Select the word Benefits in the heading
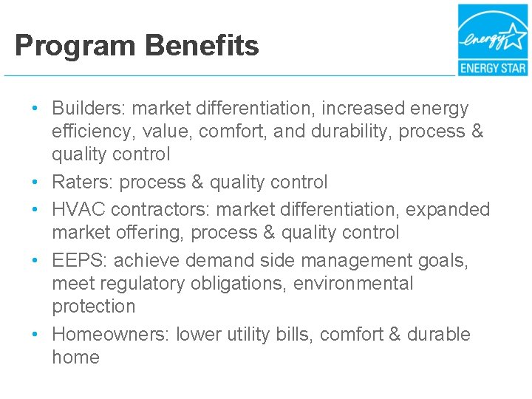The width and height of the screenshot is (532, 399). [x=202, y=46]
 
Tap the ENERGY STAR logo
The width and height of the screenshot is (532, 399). [x=492, y=40]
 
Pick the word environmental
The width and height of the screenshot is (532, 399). [x=354, y=284]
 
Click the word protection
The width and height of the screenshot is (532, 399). [x=94, y=307]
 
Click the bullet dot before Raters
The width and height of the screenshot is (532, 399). [x=35, y=182]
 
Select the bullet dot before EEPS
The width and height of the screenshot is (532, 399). [x=35, y=261]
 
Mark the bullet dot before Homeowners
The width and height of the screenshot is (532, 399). [x=35, y=334]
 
